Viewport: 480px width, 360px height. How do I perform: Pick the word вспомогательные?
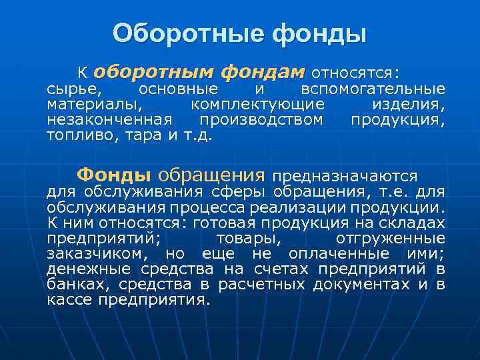point(373,89)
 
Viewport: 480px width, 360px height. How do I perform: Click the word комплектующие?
point(258,105)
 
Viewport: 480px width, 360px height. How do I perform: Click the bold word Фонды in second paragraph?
point(113,175)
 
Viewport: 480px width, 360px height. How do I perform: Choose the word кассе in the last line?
point(69,300)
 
